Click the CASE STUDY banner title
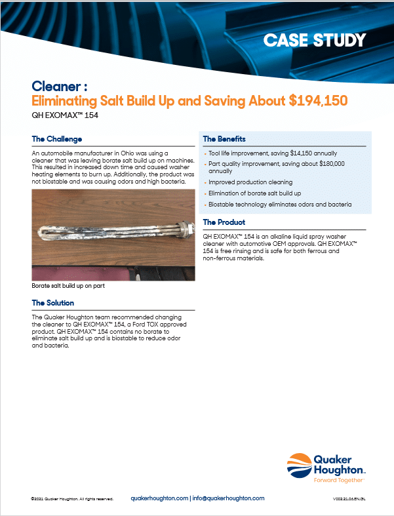pyautogui.click(x=314, y=40)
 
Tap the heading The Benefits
pyautogui.click(x=224, y=139)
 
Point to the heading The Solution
pyautogui.click(x=53, y=303)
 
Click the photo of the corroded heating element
pyautogui.click(x=113, y=235)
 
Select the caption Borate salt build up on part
pyautogui.click(x=68, y=287)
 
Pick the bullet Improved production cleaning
pyautogui.click(x=250, y=182)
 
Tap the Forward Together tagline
pyautogui.click(x=334, y=480)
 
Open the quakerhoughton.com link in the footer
pyautogui.click(x=159, y=498)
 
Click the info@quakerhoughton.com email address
pyautogui.click(x=227, y=498)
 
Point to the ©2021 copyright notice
pyautogui.click(x=72, y=499)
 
